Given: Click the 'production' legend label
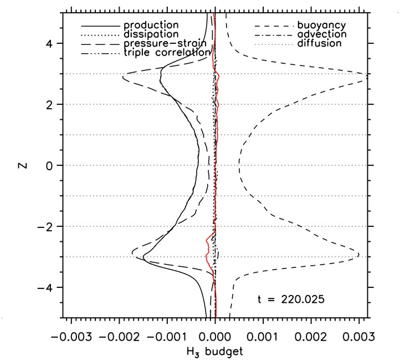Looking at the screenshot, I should pos(151,26).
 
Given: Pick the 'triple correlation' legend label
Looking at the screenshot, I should pos(167,52).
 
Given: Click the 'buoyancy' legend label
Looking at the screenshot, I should pos(321,26).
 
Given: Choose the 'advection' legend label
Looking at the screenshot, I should pos(322,34).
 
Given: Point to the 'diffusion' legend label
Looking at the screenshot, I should pos(319,43).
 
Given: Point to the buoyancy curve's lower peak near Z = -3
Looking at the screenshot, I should pos(358,255).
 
